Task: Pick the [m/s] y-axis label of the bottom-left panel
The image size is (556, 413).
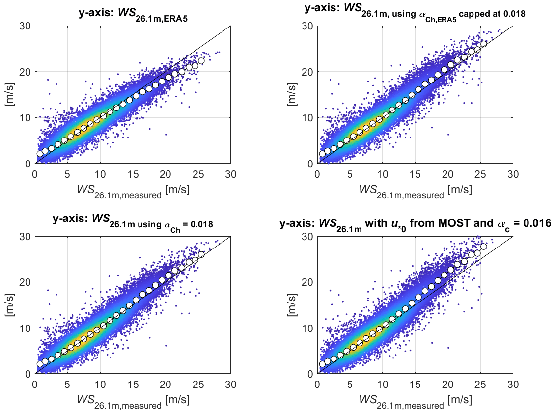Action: point(15,304)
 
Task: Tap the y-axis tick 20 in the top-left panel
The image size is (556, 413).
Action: point(25,72)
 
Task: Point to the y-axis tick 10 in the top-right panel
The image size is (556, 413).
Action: point(307,118)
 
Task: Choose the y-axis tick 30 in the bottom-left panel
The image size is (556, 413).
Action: point(25,236)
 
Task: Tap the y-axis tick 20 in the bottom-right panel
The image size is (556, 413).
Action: point(307,282)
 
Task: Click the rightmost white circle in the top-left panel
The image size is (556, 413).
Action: point(201,61)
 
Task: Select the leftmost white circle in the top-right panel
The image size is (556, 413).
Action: point(322,154)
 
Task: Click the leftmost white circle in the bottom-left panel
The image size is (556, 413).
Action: point(40,364)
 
